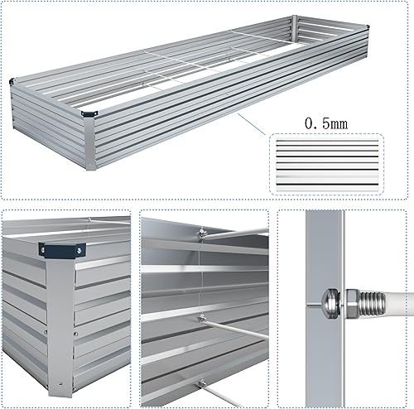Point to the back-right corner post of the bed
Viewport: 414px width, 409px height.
(295, 28)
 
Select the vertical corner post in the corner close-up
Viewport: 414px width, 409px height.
(59, 323)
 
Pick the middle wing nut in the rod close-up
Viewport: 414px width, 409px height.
(201, 318)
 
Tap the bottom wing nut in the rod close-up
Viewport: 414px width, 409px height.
(201, 382)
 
